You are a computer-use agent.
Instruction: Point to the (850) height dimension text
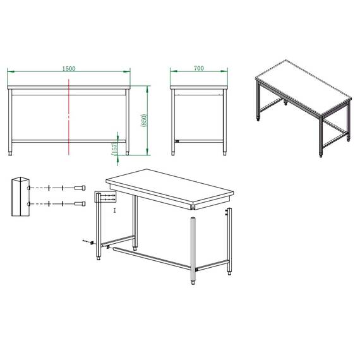pos(145,119)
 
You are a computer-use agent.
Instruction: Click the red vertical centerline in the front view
pos(68,120)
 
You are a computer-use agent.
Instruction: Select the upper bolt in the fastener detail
pos(80,188)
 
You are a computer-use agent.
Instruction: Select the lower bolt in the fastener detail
pos(80,203)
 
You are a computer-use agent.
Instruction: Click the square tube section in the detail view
pos(20,197)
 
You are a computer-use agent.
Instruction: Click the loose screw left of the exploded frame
pos(87,242)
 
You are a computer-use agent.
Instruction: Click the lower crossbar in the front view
pos(68,140)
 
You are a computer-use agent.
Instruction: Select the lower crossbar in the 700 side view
pos(199,140)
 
